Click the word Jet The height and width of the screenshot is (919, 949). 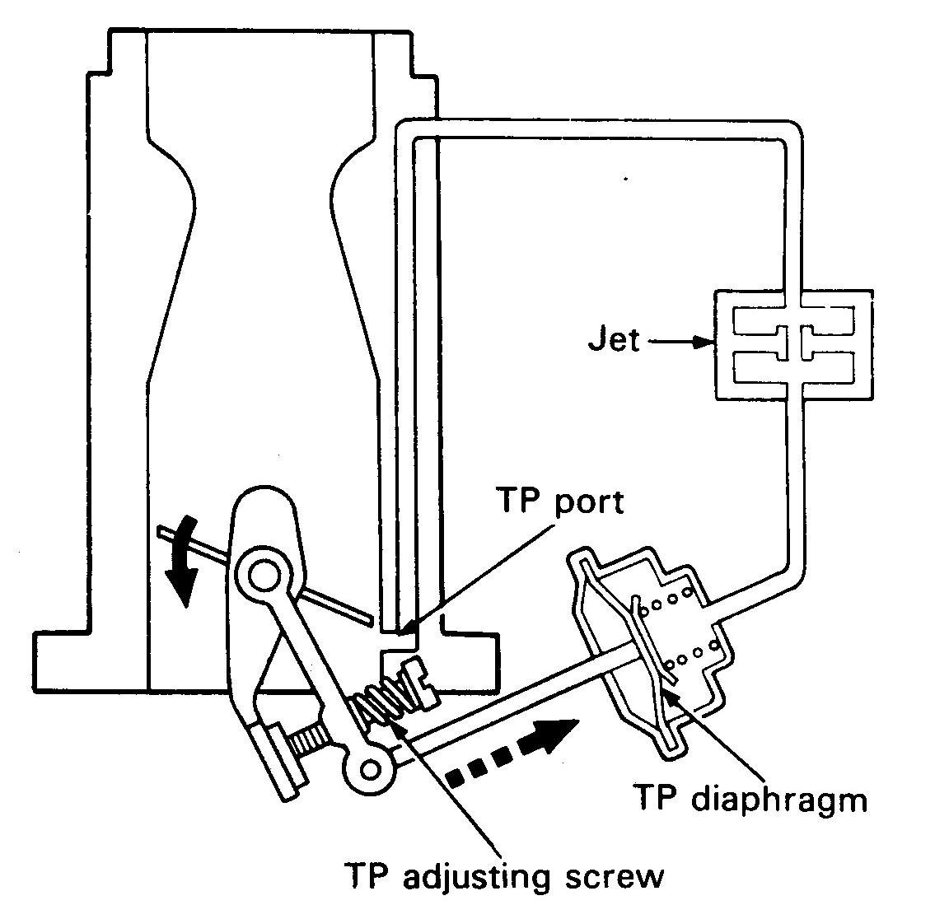[x=615, y=338]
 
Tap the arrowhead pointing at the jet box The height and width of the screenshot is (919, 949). [x=704, y=342]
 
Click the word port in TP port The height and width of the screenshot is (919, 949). [x=587, y=501]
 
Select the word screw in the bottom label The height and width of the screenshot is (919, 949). [x=615, y=878]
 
